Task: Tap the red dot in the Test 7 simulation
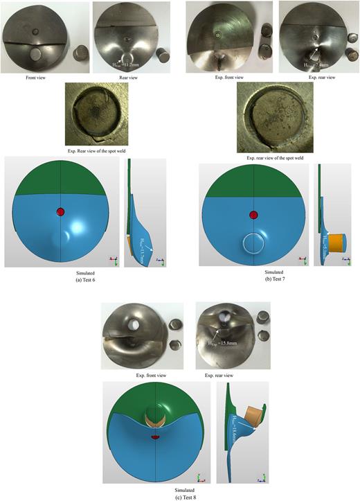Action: pyautogui.click(x=254, y=216)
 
